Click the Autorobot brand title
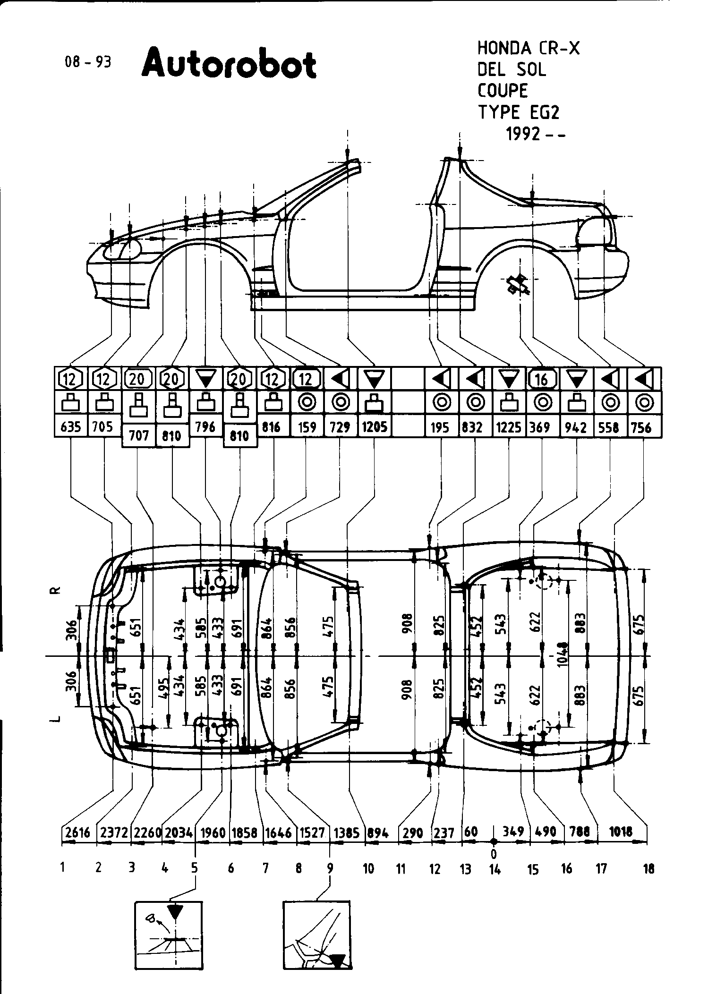[x=229, y=64]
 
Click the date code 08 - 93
[x=88, y=62]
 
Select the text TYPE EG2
[x=519, y=113]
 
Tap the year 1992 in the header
[x=523, y=135]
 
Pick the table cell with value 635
[x=70, y=427]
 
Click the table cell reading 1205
[x=374, y=427]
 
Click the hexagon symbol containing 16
[x=542, y=379]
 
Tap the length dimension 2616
[x=77, y=832]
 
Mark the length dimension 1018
[x=621, y=832]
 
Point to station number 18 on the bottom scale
[x=649, y=868]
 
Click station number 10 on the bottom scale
[x=368, y=868]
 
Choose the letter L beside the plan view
[x=56, y=719]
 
